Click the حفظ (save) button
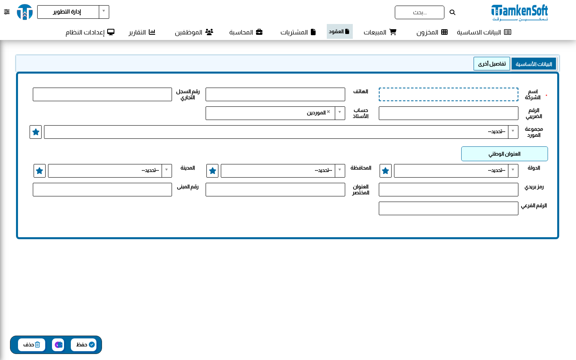[84, 344]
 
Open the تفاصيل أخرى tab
[492, 64]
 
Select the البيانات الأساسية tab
[534, 64]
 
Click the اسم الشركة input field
[448, 94]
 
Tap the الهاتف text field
[275, 94]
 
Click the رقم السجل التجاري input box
[102, 94]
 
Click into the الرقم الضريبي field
[448, 113]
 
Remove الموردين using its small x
[328, 112]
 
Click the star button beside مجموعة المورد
[36, 132]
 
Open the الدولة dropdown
[456, 171]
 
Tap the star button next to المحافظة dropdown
[212, 171]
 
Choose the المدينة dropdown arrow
[167, 170]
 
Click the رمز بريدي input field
[448, 190]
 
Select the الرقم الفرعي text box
[448, 208]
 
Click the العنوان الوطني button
[504, 154]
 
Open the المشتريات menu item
[298, 32]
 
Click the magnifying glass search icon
[452, 12]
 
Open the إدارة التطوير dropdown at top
[73, 12]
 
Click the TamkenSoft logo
[520, 12]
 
